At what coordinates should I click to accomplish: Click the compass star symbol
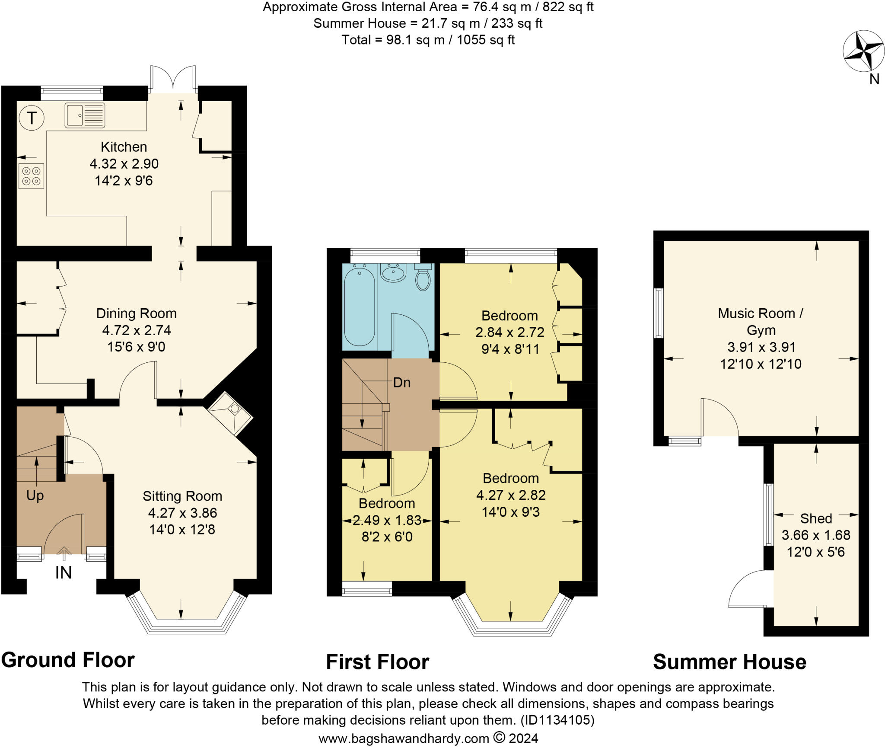click(863, 51)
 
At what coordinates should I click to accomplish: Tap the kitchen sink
click(85, 115)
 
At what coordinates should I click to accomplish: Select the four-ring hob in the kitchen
click(31, 176)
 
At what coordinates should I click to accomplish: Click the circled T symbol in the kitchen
click(32, 118)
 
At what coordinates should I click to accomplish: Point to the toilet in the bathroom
click(423, 277)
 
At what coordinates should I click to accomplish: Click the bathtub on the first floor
click(359, 306)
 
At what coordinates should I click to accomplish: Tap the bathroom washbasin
click(393, 273)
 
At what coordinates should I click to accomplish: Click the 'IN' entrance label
click(63, 572)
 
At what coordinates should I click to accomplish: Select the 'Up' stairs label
click(35, 495)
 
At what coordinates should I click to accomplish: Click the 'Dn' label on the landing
click(401, 382)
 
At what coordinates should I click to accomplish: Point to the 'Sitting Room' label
click(182, 496)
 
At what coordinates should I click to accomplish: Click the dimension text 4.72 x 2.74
click(137, 330)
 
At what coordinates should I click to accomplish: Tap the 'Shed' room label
click(816, 518)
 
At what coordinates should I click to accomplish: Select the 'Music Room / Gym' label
click(761, 322)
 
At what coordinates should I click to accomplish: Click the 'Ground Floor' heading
click(68, 660)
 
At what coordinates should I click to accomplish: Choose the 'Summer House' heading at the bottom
click(729, 662)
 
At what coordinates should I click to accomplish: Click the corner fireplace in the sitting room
click(230, 413)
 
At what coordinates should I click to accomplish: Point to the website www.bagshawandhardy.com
click(404, 738)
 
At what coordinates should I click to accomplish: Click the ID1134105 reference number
click(557, 720)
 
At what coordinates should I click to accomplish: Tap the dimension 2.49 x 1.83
click(387, 520)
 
